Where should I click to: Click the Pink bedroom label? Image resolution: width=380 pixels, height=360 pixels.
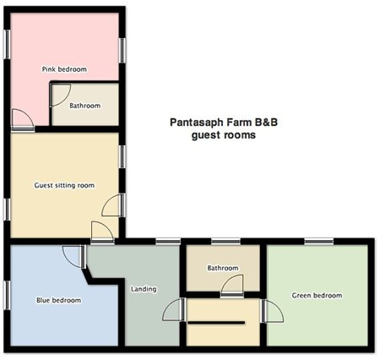pyautogui.click(x=64, y=69)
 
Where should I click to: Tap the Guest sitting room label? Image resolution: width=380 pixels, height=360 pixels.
pyautogui.click(x=64, y=185)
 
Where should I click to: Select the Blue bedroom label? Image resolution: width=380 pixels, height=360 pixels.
pyautogui.click(x=58, y=300)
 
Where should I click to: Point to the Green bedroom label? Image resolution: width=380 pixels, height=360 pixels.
pyautogui.click(x=317, y=295)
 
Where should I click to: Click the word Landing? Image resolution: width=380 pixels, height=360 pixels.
pyautogui.click(x=144, y=289)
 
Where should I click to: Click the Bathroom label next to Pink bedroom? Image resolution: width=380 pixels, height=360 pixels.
pyautogui.click(x=84, y=106)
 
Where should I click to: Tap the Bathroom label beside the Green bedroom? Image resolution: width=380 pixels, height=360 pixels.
pyautogui.click(x=223, y=268)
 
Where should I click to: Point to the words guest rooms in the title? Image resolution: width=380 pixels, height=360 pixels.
pyautogui.click(x=224, y=135)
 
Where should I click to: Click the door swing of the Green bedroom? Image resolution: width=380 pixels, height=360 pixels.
pyautogui.click(x=273, y=311)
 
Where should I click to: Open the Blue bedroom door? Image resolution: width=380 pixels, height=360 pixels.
pyautogui.click(x=74, y=256)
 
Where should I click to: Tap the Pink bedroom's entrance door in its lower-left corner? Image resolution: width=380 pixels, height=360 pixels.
pyautogui.click(x=23, y=120)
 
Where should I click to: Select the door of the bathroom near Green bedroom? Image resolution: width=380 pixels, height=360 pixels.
pyautogui.click(x=232, y=286)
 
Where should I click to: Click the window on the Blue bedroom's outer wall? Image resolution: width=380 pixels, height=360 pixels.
pyautogui.click(x=7, y=295)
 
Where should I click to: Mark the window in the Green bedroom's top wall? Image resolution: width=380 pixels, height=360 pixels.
pyautogui.click(x=319, y=242)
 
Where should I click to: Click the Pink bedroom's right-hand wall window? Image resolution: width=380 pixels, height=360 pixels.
pyautogui.click(x=122, y=51)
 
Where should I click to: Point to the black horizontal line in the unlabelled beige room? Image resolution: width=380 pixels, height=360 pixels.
pyautogui.click(x=216, y=323)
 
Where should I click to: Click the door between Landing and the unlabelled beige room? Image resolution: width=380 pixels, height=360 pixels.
pyautogui.click(x=174, y=309)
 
